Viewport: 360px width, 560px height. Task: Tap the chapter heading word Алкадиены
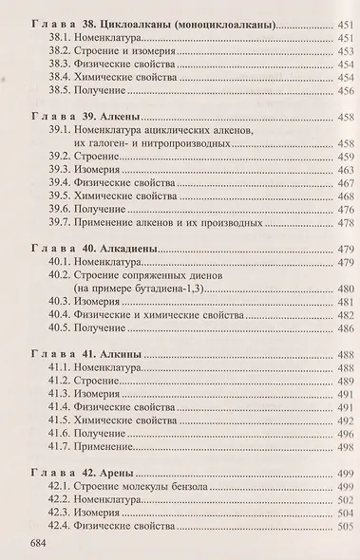[x=134, y=247]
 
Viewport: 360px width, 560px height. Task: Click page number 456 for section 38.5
[x=343, y=91]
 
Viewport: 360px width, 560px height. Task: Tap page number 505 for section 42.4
[x=343, y=527]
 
